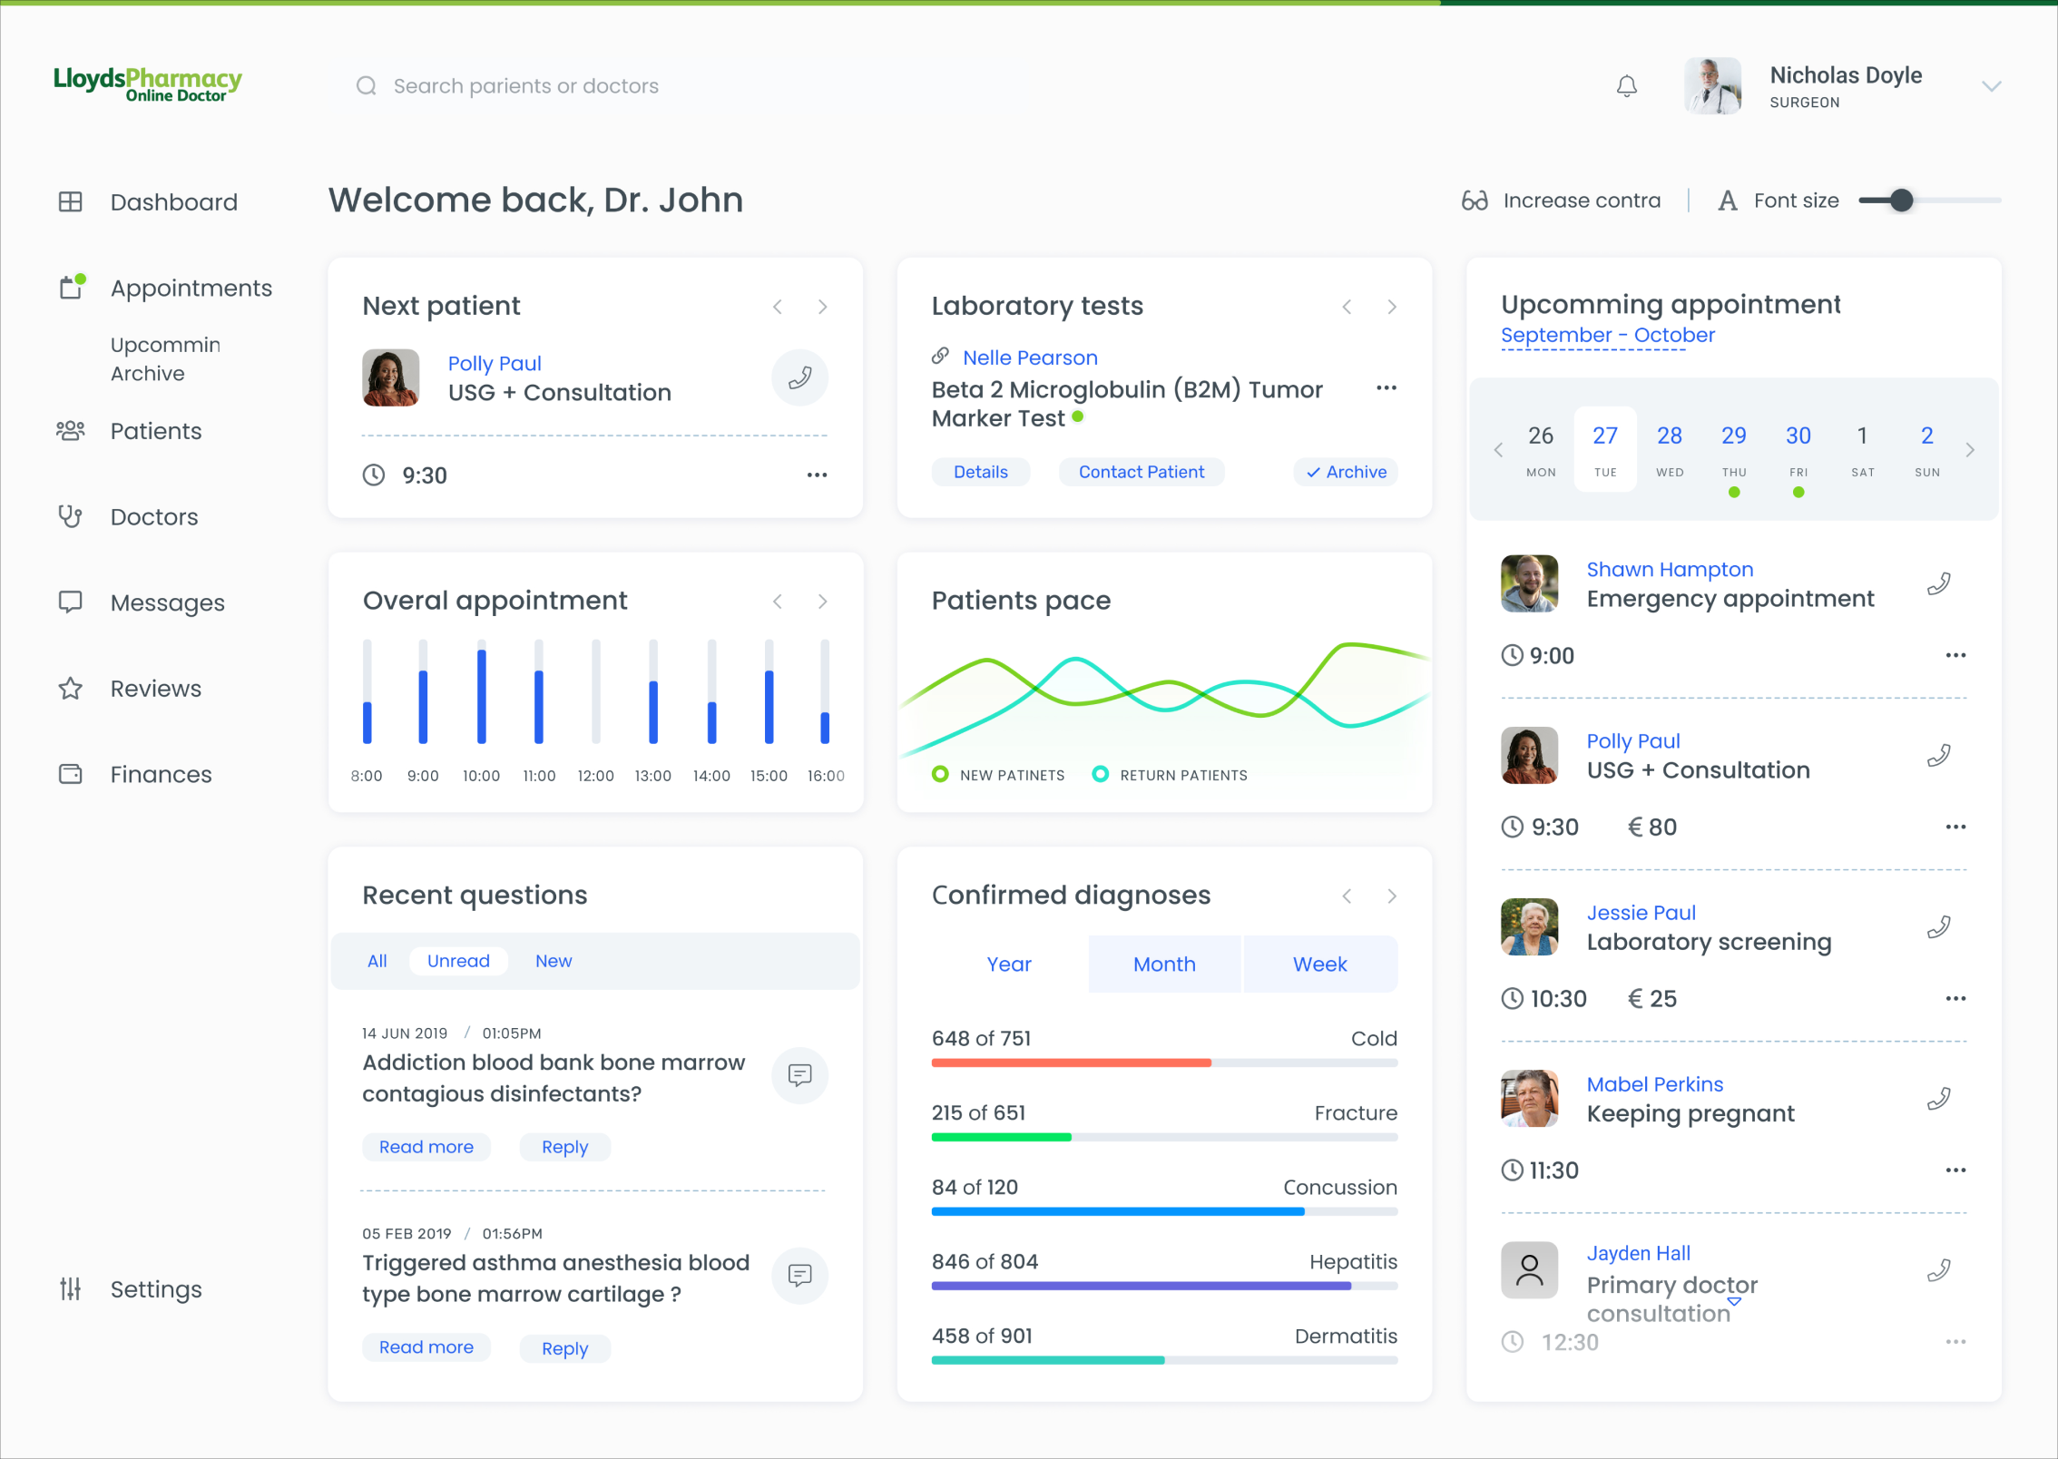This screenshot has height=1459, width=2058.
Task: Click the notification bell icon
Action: tap(1627, 86)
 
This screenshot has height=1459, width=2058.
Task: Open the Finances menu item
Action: tap(161, 774)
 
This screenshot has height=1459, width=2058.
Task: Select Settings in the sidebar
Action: tap(155, 1289)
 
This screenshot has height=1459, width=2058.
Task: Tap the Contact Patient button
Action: tap(1141, 472)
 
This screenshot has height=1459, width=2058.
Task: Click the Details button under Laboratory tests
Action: tap(980, 472)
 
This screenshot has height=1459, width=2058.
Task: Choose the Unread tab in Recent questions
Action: tap(458, 961)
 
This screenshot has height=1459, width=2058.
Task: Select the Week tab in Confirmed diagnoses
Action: tap(1319, 964)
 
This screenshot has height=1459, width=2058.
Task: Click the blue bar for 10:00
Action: tap(482, 696)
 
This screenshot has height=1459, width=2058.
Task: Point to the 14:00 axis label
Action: tap(711, 776)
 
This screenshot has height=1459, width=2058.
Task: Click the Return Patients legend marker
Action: tap(1100, 774)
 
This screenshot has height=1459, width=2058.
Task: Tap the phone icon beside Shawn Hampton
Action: tap(1939, 583)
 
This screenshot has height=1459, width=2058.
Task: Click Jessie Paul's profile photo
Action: tap(1529, 926)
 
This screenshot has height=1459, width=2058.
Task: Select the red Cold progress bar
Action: tap(1071, 1062)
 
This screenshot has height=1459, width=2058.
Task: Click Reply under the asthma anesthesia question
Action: tap(564, 1348)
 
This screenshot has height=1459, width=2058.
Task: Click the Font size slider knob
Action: tap(1902, 201)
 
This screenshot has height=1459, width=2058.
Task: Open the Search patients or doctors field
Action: tap(525, 86)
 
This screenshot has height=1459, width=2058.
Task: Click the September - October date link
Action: tap(1607, 335)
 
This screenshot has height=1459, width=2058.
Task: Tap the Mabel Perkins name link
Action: tap(1654, 1084)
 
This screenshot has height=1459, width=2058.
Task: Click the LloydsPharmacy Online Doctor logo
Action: tap(148, 84)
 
